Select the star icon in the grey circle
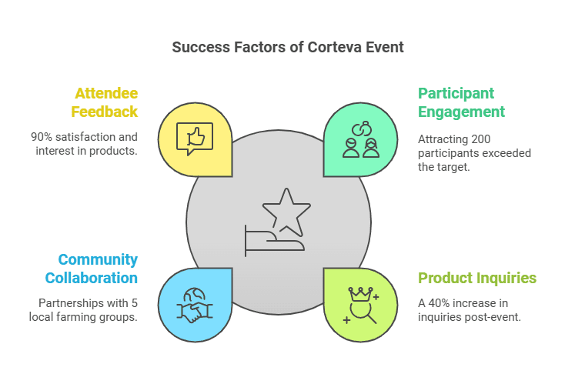(x=286, y=209)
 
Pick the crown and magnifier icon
(x=360, y=305)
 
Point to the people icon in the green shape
(x=360, y=140)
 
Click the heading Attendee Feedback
(x=105, y=102)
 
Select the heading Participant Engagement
(x=461, y=102)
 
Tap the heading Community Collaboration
(x=98, y=269)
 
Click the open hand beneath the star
(x=273, y=241)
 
